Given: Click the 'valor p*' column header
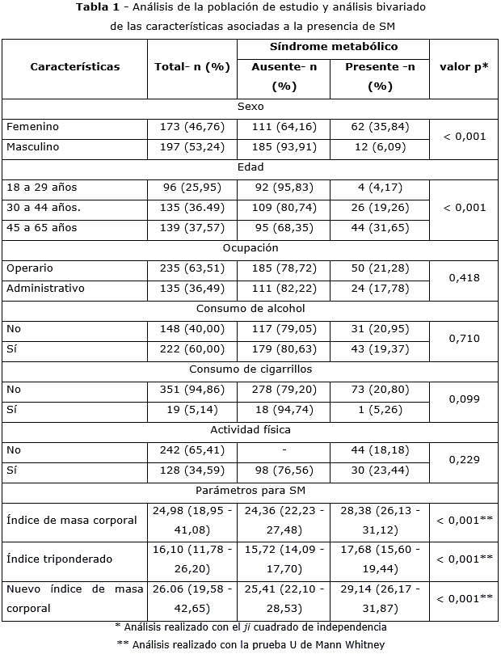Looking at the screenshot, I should pos(464,67).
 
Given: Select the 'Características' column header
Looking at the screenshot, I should pos(75,67).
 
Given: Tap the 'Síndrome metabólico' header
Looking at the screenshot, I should pos(333,48).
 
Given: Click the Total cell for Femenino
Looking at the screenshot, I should pos(192,127).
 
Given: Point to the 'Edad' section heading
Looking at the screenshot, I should pos(250,167).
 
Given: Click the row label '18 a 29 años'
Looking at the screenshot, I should pos(41,188).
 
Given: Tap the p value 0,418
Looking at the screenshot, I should pos(464,278).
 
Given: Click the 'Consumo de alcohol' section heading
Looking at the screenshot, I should pos(250,308).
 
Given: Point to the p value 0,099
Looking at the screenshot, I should pos(464,399).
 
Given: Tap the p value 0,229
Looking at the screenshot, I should pos(464,460).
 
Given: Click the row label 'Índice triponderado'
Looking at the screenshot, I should pos(60,559).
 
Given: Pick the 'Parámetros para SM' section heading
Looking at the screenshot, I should pos(250,490).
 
